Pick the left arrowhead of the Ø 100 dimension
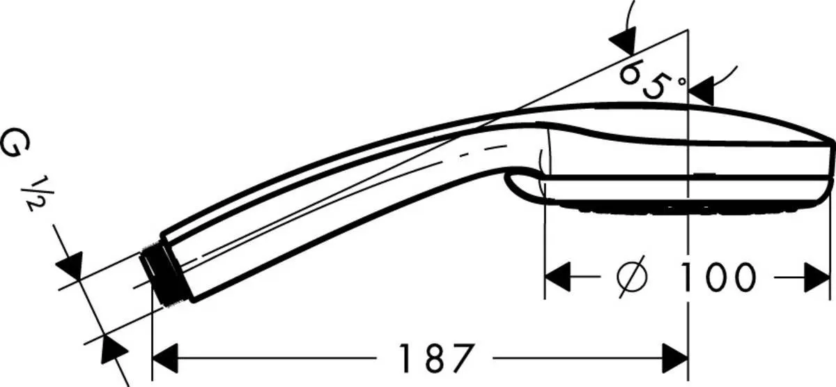pos(557,278)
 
